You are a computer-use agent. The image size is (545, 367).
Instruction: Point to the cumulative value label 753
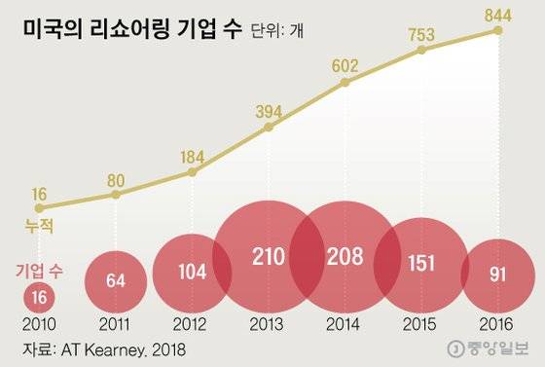pos(421,32)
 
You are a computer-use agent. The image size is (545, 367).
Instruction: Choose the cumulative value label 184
pos(192,155)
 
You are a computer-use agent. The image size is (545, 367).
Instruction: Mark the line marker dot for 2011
pos(116,195)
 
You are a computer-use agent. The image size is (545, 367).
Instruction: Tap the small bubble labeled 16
pos(37,294)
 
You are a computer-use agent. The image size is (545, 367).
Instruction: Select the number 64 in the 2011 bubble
pos(116,282)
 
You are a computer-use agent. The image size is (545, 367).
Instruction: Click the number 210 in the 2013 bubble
pos(269,258)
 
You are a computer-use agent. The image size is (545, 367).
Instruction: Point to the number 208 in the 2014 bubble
pos(345,258)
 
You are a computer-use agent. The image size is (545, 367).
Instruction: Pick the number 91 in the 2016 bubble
pos(497,274)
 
